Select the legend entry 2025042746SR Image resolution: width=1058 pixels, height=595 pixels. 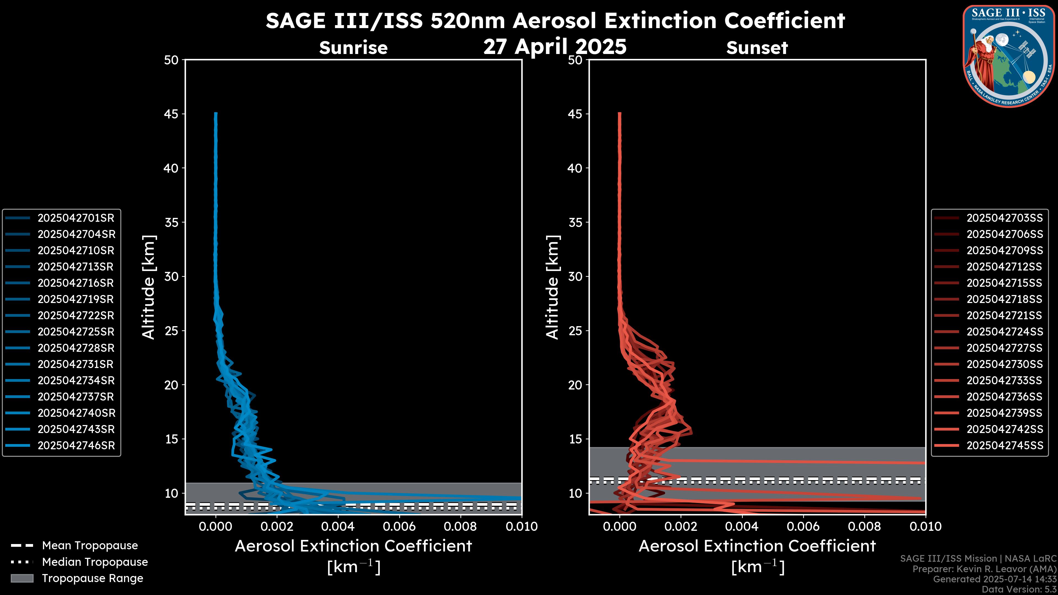point(76,445)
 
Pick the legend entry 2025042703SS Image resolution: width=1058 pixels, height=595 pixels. point(1004,218)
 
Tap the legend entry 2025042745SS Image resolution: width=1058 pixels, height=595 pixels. point(1004,445)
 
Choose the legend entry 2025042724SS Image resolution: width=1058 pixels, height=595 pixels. point(1004,332)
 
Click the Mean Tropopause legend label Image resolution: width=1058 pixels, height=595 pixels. point(90,545)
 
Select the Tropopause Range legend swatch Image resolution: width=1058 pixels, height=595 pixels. point(22,578)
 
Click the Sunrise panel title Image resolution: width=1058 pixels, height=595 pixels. point(353,48)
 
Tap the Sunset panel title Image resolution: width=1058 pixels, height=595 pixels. point(757,48)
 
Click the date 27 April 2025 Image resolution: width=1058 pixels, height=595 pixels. point(555,46)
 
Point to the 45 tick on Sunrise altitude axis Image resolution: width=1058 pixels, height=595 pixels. point(171,114)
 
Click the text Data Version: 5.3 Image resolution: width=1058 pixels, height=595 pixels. point(1019,589)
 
